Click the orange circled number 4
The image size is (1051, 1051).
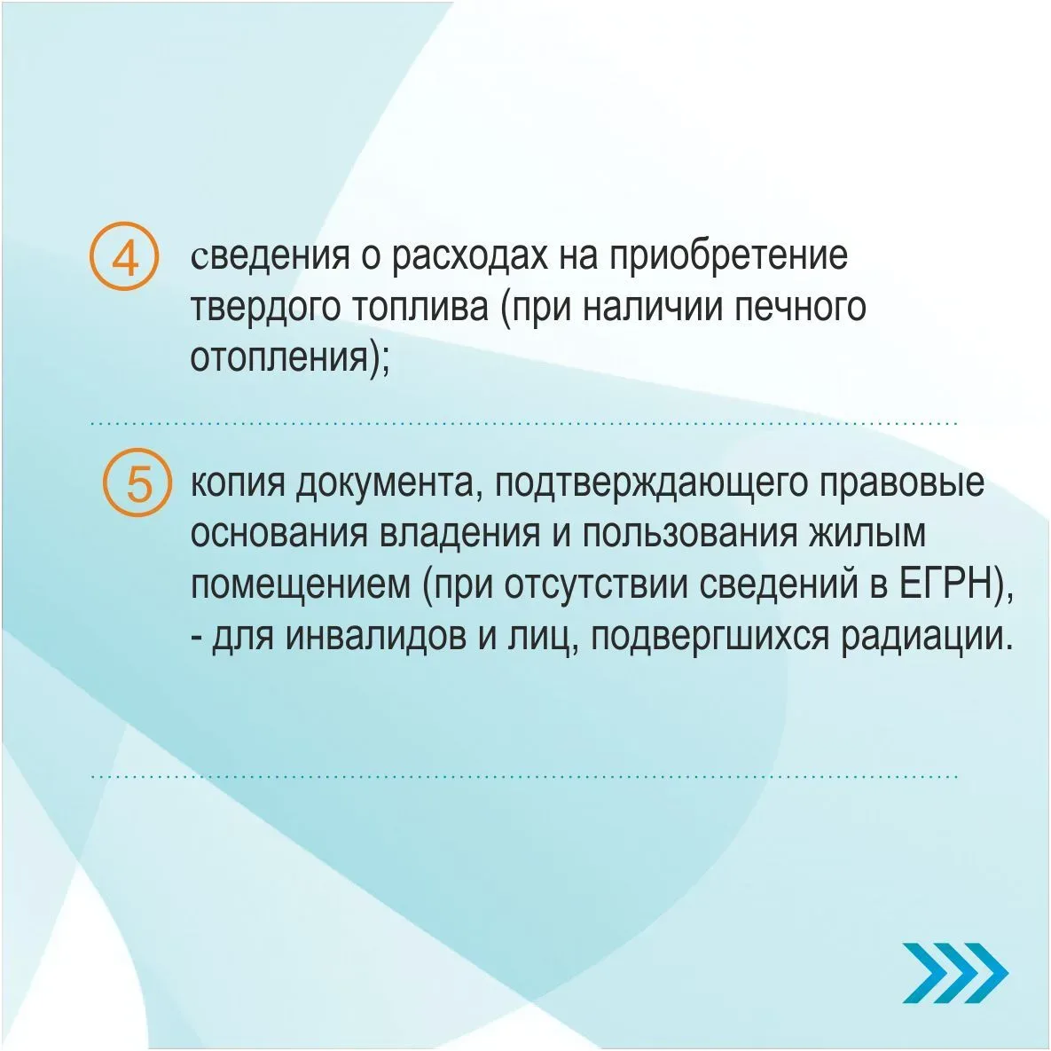pos(125,256)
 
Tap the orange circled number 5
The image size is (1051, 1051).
pos(138,482)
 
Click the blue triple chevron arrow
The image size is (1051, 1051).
pos(954,973)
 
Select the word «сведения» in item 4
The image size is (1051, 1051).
pos(271,255)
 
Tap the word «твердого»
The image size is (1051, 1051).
pos(265,308)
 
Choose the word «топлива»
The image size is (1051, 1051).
pos(420,308)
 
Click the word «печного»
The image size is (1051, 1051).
pos(801,308)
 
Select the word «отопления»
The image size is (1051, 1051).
pos(280,357)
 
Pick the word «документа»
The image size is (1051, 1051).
pos(384,482)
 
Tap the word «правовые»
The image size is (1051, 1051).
pos(902,482)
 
